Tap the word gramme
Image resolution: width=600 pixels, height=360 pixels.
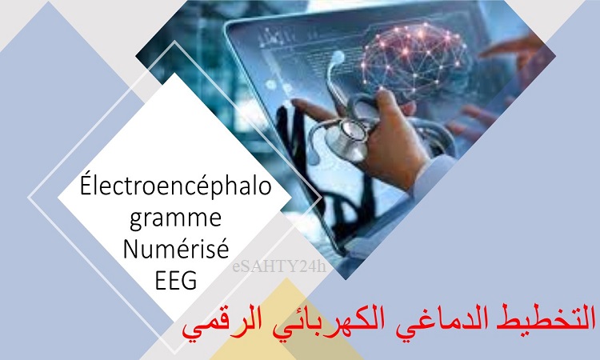[176, 219]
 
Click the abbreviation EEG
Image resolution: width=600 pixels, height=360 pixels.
[176, 280]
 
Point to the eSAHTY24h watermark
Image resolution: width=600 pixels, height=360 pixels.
[279, 266]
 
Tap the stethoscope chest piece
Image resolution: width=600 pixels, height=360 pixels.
[346, 138]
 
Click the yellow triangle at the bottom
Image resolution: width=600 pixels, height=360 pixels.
[284, 325]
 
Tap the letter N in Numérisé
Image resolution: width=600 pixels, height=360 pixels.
[131, 248]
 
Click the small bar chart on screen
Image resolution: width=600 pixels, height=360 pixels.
[273, 39]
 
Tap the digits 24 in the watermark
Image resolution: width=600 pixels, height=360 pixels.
[307, 266]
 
